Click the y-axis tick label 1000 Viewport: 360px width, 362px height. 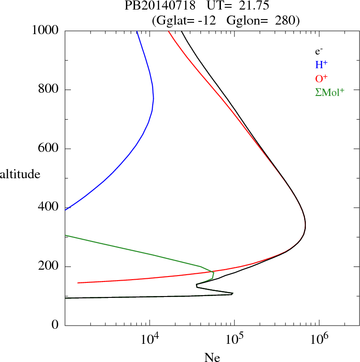click(45, 30)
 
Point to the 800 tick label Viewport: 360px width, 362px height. click(49, 90)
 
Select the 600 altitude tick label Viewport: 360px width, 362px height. click(49, 149)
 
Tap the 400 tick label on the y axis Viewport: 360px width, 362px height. click(49, 207)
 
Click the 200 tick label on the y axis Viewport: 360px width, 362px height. click(49, 266)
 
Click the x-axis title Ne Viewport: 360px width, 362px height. click(212, 357)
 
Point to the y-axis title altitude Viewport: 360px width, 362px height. click(20, 174)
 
